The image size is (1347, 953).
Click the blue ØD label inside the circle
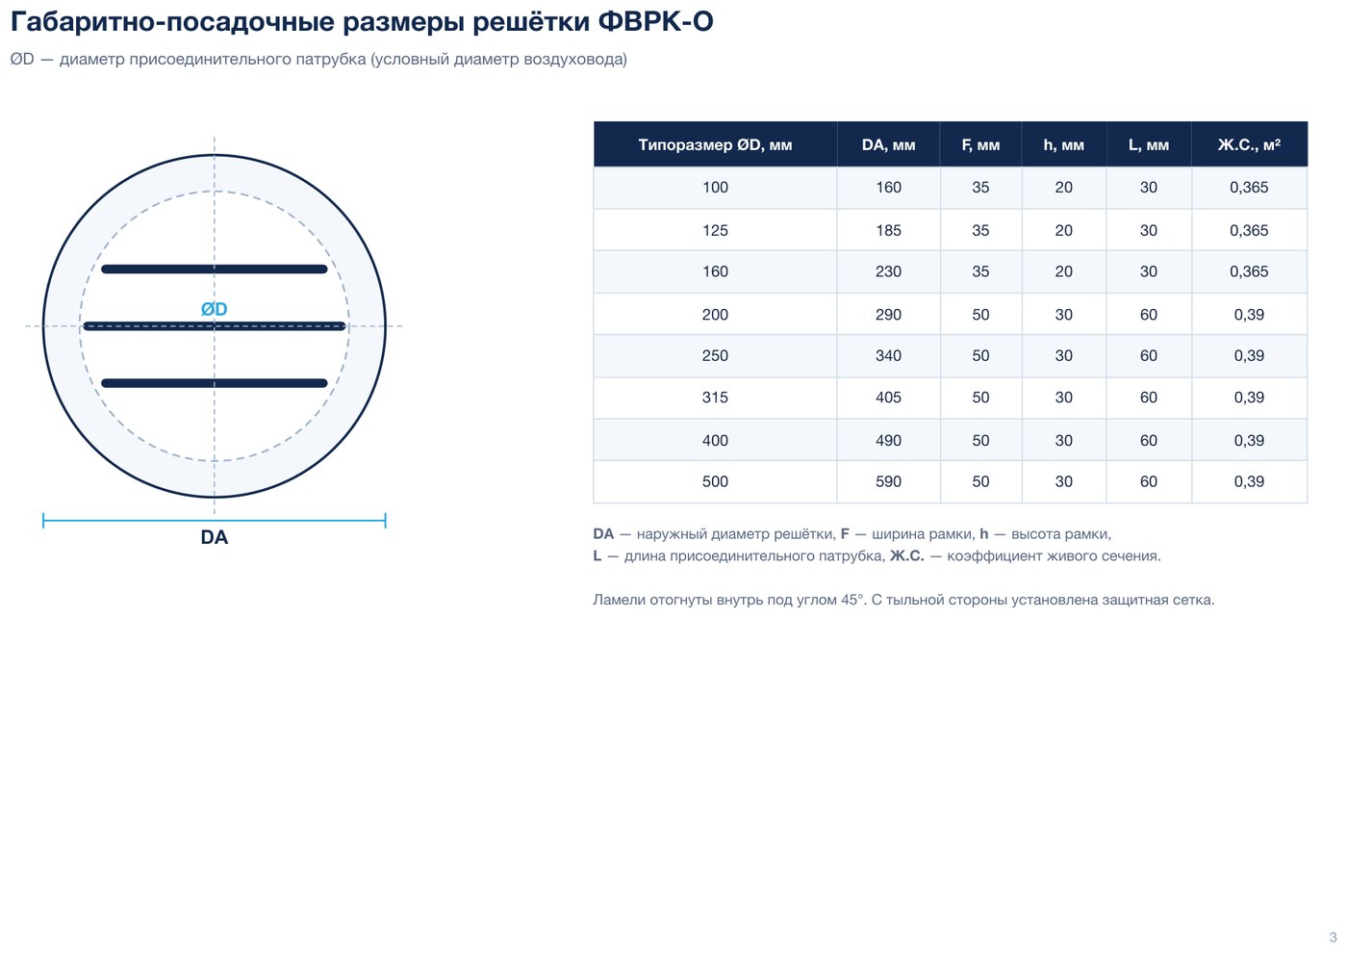(x=214, y=309)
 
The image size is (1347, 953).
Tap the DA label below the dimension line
(x=214, y=537)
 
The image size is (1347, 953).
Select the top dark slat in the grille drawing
(x=214, y=269)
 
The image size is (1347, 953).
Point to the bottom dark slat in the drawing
(x=214, y=383)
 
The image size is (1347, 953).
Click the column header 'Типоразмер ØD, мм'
(x=715, y=145)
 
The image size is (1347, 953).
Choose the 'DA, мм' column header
(x=888, y=145)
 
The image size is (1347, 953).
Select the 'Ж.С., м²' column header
(x=1249, y=145)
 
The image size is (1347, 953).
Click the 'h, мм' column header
(x=1064, y=145)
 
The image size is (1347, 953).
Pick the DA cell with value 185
(x=888, y=230)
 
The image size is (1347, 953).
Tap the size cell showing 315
(x=715, y=397)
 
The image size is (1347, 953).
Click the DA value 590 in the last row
(x=888, y=481)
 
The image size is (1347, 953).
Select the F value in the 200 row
(x=980, y=315)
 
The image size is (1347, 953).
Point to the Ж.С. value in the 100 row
(x=1249, y=187)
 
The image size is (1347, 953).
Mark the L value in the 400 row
(x=1149, y=441)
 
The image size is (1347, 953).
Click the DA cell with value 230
(x=888, y=271)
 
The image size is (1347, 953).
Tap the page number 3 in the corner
(x=1334, y=938)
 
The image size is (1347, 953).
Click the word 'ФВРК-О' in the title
(x=655, y=21)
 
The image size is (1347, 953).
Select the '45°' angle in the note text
(x=852, y=600)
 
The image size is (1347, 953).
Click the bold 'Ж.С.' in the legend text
(x=906, y=556)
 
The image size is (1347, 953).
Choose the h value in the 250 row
(x=1064, y=355)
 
